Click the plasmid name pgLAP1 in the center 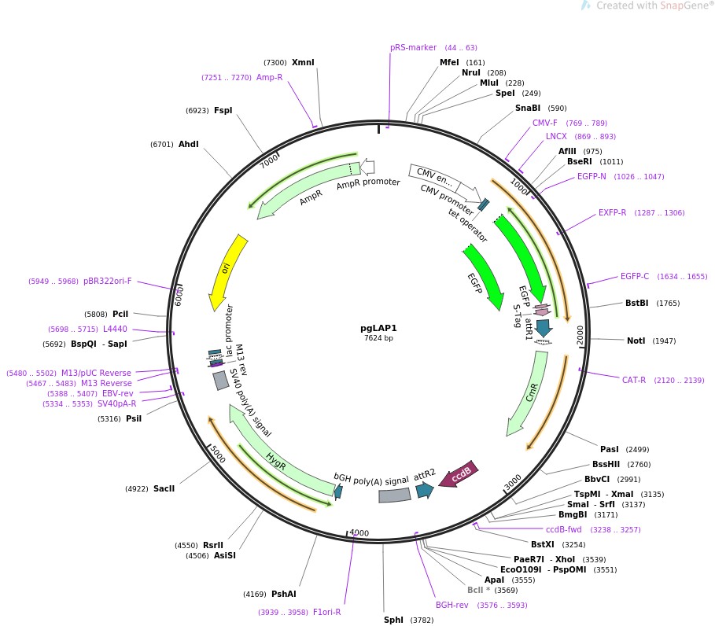[378, 328]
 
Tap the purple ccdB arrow [459, 473]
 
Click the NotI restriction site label [636, 341]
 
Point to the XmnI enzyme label [303, 62]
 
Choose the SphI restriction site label [393, 620]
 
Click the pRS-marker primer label [413, 48]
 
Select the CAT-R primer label [633, 380]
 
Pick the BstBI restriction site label [636, 303]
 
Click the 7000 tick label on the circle [270, 160]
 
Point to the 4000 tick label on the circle [359, 533]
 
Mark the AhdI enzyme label [189, 144]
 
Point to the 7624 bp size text [378, 338]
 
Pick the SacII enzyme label [164, 488]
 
